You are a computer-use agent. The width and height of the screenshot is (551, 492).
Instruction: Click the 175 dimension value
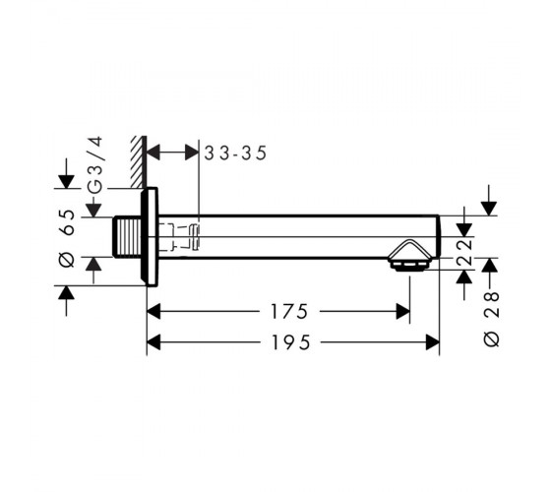pyautogui.click(x=289, y=311)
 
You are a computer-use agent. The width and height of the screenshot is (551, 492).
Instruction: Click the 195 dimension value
pyautogui.click(x=291, y=342)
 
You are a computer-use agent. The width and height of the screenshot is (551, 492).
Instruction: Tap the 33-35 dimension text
pyautogui.click(x=235, y=153)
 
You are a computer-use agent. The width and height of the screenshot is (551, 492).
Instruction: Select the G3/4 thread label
pyautogui.click(x=95, y=164)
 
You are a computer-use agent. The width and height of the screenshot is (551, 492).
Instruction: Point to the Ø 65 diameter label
pyautogui.click(x=67, y=238)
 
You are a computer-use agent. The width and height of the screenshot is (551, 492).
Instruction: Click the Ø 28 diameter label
pyautogui.click(x=491, y=320)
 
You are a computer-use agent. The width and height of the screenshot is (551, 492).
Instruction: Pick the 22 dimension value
pyautogui.click(x=464, y=252)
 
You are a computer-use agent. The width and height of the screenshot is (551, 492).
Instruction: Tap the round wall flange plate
pyautogui.click(x=150, y=237)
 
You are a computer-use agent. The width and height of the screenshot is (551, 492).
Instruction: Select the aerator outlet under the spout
pyautogui.click(x=409, y=266)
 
